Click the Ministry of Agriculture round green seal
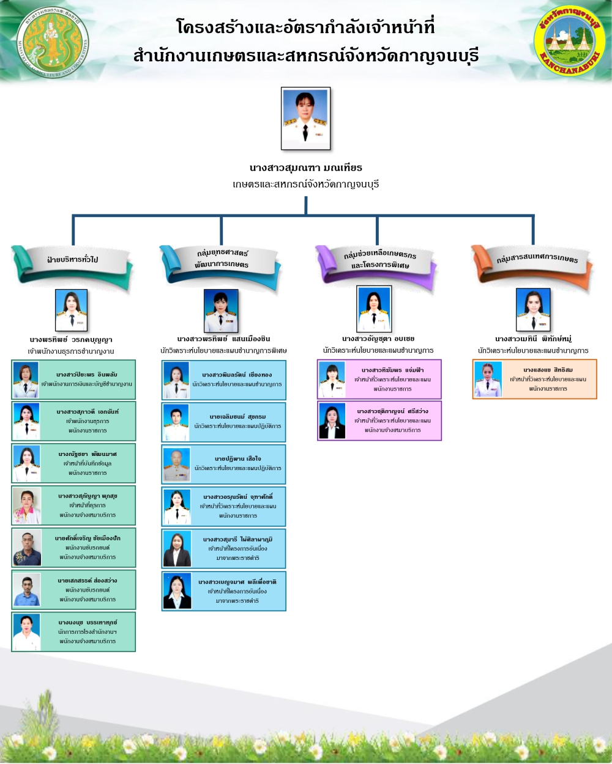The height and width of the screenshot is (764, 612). click(53, 42)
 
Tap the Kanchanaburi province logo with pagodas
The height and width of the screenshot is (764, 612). click(569, 41)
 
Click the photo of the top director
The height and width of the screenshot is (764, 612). click(305, 118)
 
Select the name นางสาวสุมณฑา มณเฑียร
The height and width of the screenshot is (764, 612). click(305, 167)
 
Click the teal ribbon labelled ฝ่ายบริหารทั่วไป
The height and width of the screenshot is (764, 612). click(72, 261)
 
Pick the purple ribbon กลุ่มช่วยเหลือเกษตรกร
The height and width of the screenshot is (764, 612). click(376, 261)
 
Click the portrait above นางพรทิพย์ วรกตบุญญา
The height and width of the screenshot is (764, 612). click(72, 310)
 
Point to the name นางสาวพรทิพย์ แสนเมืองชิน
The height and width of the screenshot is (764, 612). click(223, 339)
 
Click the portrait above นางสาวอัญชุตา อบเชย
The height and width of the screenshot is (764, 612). click(374, 309)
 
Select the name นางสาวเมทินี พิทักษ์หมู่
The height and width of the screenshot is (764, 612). click(533, 339)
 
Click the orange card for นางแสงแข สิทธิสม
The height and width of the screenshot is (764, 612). click(534, 379)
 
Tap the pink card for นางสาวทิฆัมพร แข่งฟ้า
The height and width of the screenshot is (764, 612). click(379, 379)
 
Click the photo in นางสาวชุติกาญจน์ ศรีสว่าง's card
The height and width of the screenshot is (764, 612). click(332, 421)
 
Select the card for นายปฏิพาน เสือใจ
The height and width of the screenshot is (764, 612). click(224, 464)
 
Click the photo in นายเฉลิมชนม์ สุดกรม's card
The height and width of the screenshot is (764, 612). click(177, 422)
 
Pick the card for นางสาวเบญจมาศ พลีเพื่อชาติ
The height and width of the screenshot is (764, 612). click(224, 591)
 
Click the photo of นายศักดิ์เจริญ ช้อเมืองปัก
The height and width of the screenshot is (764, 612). click(27, 548)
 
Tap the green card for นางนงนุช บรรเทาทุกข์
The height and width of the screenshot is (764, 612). click(73, 632)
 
